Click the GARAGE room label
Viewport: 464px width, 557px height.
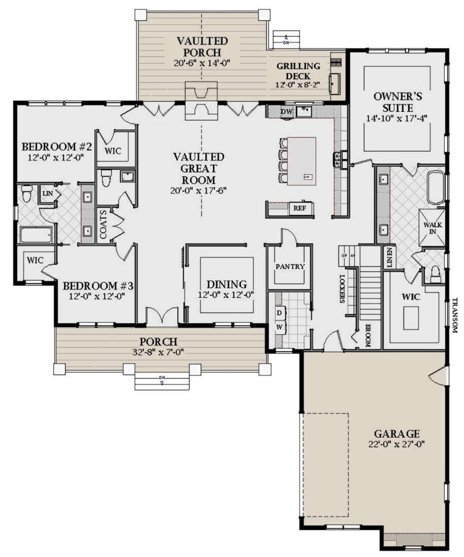397,434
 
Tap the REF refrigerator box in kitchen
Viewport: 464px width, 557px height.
300,208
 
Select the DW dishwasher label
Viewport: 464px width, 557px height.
287,112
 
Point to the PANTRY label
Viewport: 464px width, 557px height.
290,267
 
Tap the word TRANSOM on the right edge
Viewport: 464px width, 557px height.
455,315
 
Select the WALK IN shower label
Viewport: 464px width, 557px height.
433,228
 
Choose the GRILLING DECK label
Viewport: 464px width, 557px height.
298,71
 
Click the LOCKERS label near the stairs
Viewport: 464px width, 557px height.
342,289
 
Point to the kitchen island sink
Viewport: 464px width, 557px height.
308,177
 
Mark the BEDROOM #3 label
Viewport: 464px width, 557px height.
98,286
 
